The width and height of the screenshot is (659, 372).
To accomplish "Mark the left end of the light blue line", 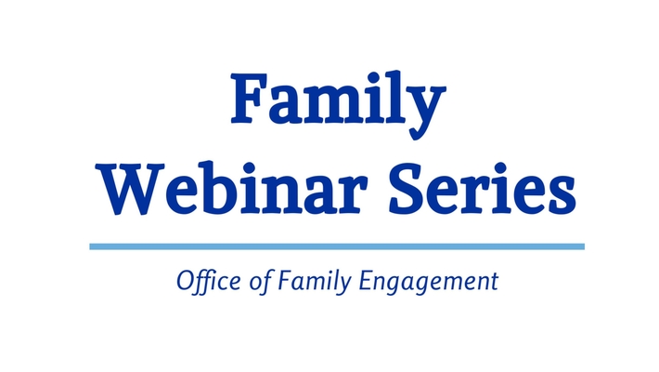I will pos(92,246).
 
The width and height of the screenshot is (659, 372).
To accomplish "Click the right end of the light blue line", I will pos(583,246).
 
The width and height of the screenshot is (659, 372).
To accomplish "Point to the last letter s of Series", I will pos(560,192).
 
